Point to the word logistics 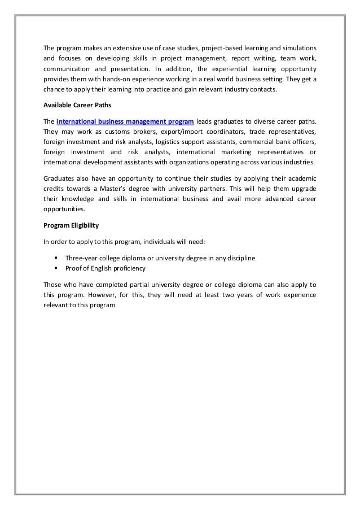click(166, 142)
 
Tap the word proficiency click(128, 268)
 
